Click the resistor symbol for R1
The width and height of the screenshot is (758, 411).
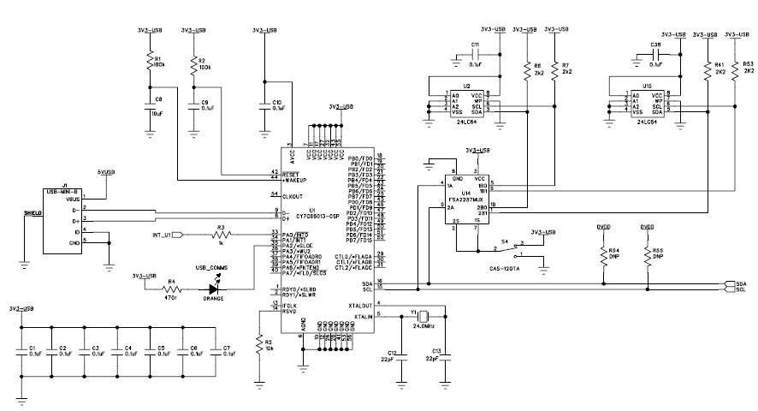click(149, 62)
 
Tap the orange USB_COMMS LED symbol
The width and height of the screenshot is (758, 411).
click(213, 289)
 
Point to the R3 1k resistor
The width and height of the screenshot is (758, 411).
click(220, 234)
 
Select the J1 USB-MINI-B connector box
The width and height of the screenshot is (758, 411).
click(63, 218)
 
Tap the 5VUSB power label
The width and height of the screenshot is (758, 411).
click(106, 172)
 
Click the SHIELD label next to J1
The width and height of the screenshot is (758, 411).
click(31, 212)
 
